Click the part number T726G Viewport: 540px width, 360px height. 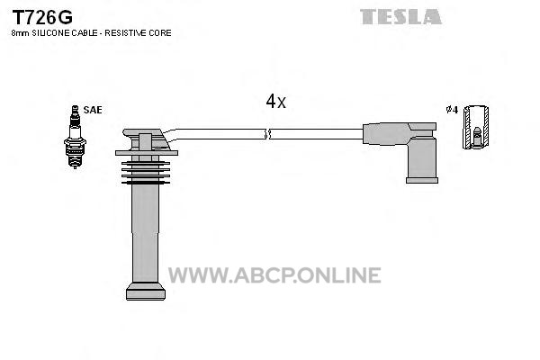[42, 17]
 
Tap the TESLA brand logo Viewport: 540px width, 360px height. [400, 16]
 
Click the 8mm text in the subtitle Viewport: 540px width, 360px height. [21, 33]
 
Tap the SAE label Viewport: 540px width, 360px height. [93, 110]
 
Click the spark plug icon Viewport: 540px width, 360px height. [75, 137]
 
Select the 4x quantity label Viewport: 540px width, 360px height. [275, 102]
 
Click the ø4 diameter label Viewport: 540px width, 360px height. [452, 110]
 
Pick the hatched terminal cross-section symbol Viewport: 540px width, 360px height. [475, 127]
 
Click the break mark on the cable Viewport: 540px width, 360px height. [267, 134]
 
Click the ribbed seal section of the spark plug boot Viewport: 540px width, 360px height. [146, 172]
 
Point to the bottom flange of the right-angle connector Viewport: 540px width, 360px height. [422, 181]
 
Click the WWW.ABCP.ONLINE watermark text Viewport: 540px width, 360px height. [274, 274]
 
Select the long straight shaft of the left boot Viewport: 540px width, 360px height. [146, 234]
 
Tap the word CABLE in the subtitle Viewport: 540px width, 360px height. [85, 33]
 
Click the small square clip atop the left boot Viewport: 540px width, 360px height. [145, 141]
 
